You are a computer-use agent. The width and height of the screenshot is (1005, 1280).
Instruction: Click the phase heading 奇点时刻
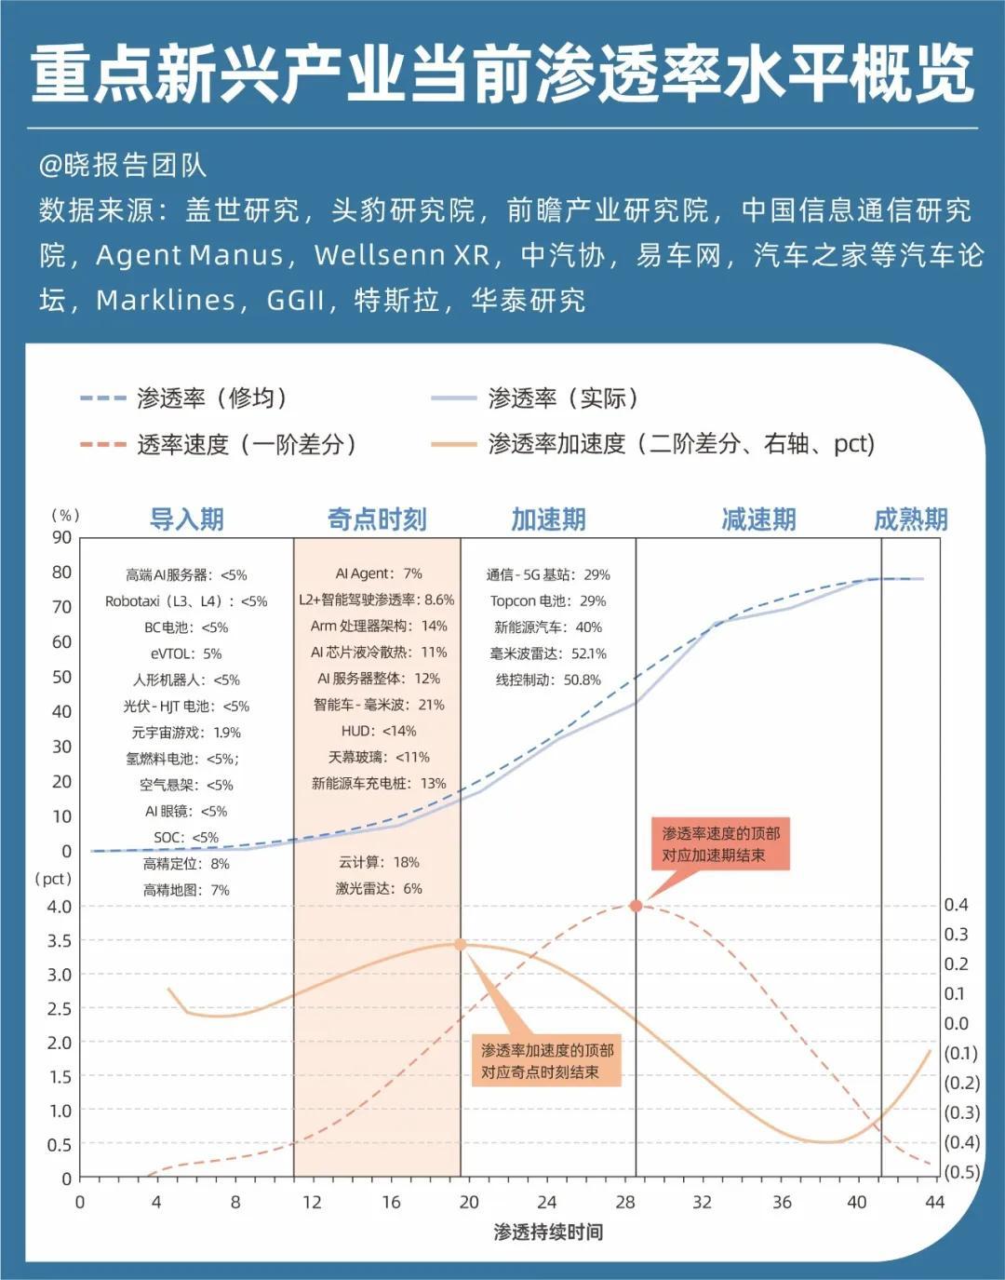coord(377,519)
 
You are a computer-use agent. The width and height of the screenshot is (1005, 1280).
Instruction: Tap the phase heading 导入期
coord(187,519)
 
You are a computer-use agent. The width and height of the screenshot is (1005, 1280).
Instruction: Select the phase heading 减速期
coord(758,519)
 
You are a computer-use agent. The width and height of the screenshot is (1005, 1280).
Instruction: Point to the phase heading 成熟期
coord(910,519)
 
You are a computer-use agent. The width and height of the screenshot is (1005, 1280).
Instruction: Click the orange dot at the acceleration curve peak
coord(460,944)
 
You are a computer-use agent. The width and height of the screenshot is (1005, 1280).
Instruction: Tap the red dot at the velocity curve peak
coord(636,906)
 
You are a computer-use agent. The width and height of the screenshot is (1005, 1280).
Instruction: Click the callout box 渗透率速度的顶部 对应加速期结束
coord(720,844)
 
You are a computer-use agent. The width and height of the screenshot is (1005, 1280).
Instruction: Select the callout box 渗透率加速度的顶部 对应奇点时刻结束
coord(547,1061)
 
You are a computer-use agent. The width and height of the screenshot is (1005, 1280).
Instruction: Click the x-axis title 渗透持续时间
coord(548,1232)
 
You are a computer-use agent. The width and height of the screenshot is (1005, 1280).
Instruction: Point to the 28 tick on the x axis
coord(625,1202)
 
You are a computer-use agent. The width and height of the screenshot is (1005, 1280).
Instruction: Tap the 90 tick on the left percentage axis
coord(62,537)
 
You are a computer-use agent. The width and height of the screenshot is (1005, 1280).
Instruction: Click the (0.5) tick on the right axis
coord(961,1172)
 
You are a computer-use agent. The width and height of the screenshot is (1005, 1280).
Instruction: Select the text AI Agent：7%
coord(379,573)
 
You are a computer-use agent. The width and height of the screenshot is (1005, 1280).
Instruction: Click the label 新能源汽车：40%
coord(548,627)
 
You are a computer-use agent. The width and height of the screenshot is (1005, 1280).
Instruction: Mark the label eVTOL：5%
coord(186,653)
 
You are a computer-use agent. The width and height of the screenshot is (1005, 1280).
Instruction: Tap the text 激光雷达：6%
coord(379,888)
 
